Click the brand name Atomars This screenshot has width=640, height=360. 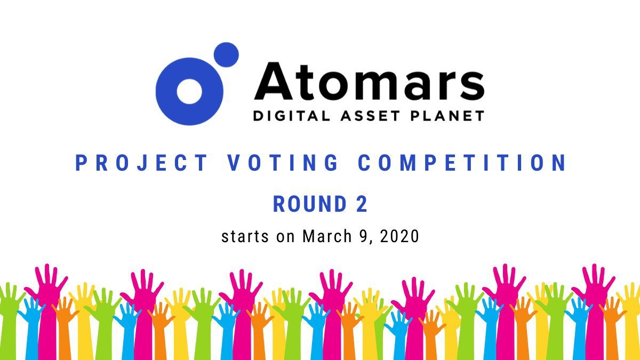(x=369, y=82)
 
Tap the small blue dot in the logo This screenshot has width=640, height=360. (x=226, y=55)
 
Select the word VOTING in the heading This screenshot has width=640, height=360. (x=283, y=163)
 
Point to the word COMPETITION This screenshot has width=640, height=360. (x=462, y=163)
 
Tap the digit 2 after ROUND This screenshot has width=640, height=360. (x=362, y=205)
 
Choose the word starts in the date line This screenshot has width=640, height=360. (x=245, y=236)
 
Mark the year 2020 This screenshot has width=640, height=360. (x=400, y=236)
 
